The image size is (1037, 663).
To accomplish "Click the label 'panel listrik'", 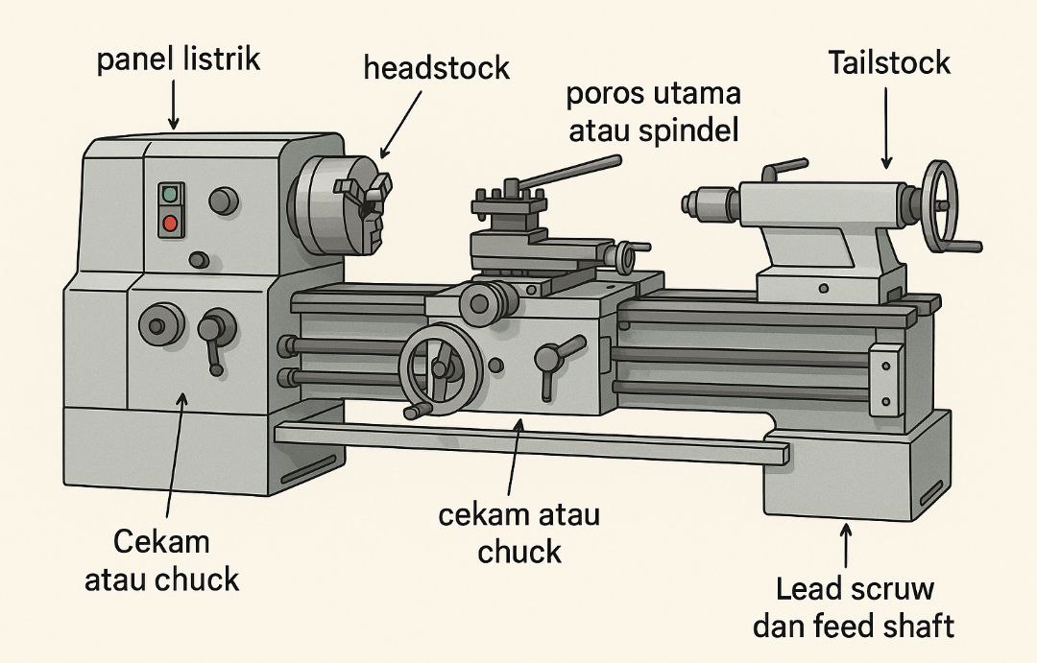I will click(x=179, y=59).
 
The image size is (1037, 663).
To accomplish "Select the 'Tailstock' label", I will click(x=888, y=63).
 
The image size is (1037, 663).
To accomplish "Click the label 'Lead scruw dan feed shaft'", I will click(x=853, y=607).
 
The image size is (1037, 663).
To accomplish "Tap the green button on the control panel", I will click(x=171, y=194).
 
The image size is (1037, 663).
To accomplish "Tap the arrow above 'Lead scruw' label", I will click(x=846, y=545).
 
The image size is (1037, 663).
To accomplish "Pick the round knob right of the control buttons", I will click(x=223, y=201).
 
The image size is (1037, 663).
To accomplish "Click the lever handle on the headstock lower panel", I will click(x=213, y=341).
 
